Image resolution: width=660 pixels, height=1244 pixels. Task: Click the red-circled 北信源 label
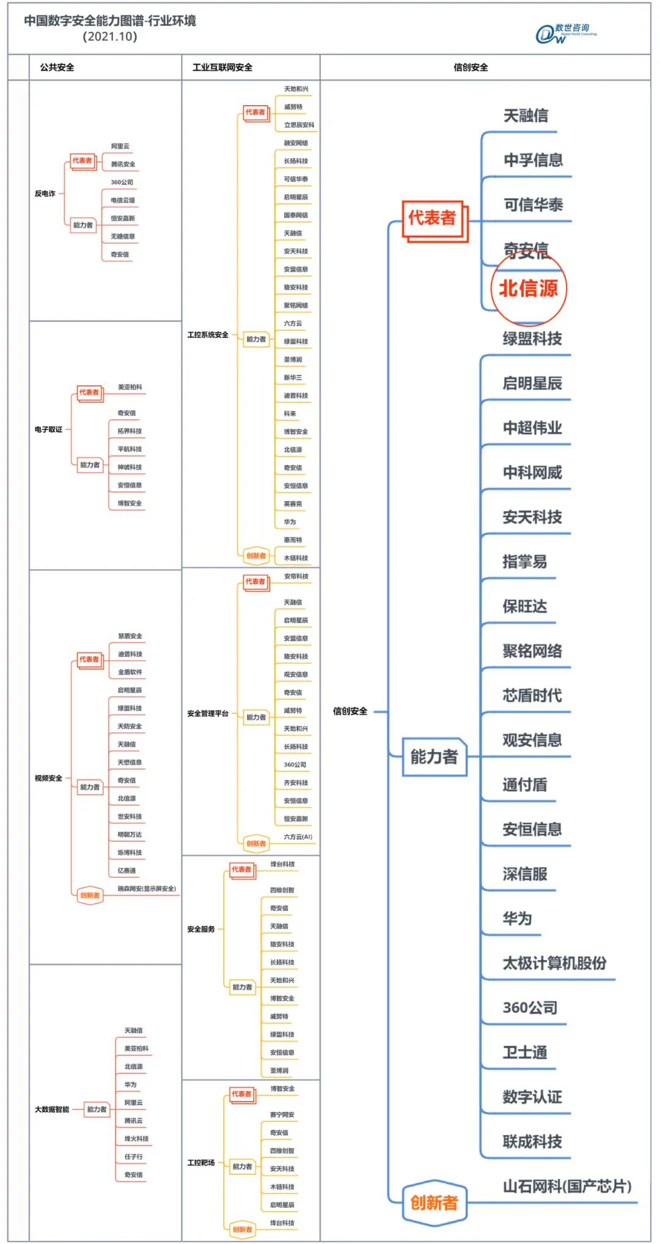[529, 288]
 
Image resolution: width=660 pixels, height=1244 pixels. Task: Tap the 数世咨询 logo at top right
[565, 34]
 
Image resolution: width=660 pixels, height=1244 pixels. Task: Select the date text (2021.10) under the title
[110, 37]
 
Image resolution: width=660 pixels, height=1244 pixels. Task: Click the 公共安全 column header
[57, 67]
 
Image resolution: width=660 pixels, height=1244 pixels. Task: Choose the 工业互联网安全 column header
[222, 67]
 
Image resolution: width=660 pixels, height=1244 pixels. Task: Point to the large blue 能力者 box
[434, 757]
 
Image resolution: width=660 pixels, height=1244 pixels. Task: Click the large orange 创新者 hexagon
[434, 1202]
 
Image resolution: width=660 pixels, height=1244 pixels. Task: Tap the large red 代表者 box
[432, 218]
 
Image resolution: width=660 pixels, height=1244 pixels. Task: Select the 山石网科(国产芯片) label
[566, 1186]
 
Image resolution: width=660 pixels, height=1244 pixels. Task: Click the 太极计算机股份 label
[554, 963]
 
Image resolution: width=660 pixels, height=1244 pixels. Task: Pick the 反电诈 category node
[45, 193]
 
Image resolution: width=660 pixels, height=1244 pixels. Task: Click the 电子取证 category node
[48, 429]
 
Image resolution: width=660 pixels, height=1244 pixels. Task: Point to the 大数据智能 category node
[52, 1109]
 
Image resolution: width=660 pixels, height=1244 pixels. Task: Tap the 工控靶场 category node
[201, 1162]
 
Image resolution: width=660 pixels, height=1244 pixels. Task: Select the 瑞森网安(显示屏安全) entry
[147, 888]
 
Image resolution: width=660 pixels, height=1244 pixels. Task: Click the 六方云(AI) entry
[298, 837]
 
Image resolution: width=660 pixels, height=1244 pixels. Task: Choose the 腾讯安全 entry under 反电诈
[123, 164]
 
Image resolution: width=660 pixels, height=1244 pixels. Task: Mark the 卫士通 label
[524, 1052]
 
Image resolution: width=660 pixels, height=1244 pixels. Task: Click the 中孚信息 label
[533, 160]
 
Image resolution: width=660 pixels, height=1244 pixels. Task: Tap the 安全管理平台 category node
[208, 713]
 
